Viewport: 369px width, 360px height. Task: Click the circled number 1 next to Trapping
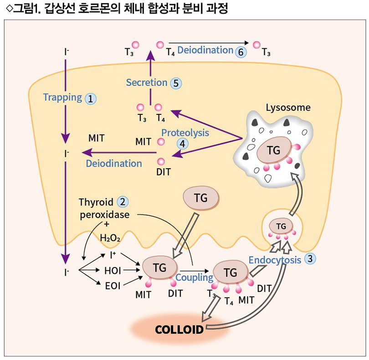pos(91,98)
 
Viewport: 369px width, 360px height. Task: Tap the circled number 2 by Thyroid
pos(122,201)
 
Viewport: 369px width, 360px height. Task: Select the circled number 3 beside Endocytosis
pos(310,259)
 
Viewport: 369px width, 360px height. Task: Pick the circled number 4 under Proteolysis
pos(182,143)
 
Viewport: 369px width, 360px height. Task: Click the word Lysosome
pos(288,108)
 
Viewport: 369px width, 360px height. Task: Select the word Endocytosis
pos(275,260)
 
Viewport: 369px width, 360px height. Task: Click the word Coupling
pos(195,278)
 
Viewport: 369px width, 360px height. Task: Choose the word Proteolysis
pos(185,133)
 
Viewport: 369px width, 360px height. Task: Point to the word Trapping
pos(62,97)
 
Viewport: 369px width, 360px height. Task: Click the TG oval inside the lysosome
pos(273,151)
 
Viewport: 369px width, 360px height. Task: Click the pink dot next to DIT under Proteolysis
pos(160,162)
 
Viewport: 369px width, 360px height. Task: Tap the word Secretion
pos(147,82)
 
